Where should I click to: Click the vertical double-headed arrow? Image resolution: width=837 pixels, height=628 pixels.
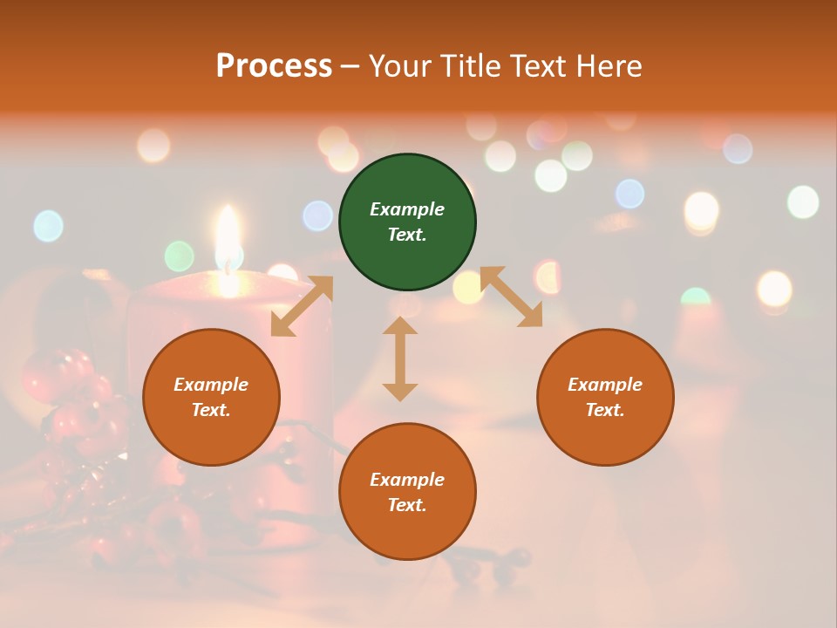click(400, 358)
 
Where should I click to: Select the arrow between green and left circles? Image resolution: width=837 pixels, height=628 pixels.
click(302, 306)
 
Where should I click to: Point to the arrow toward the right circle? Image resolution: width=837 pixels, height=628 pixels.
click(512, 297)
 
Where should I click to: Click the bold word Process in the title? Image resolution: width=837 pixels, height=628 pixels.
click(274, 66)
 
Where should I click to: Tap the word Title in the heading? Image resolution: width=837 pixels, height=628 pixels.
click(470, 66)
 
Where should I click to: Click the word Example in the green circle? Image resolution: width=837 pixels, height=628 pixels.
click(407, 209)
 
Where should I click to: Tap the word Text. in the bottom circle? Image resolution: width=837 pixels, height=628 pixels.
click(407, 505)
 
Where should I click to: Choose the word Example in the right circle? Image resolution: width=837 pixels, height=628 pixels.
click(605, 385)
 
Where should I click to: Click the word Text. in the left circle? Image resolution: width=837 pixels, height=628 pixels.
click(211, 410)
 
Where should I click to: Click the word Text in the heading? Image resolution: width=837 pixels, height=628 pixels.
click(540, 66)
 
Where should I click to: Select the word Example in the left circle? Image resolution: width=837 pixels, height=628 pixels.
click(211, 385)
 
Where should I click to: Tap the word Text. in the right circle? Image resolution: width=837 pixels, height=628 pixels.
click(605, 410)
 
